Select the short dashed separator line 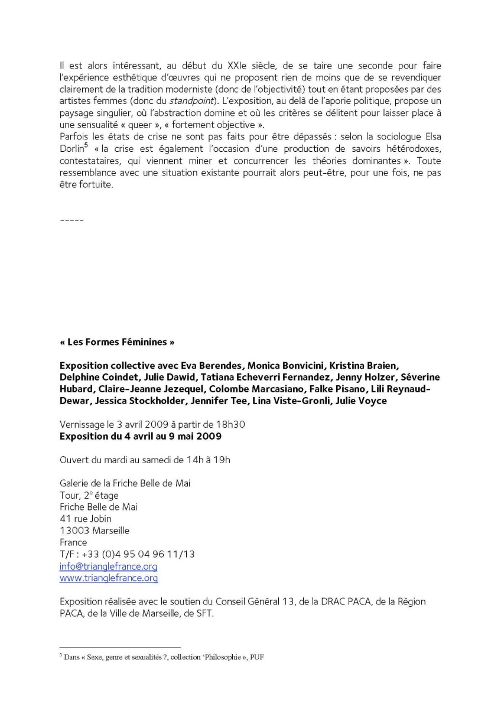[71, 220]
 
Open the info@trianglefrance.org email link [109, 566]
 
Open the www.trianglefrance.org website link [109, 578]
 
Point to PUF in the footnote [255, 656]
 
